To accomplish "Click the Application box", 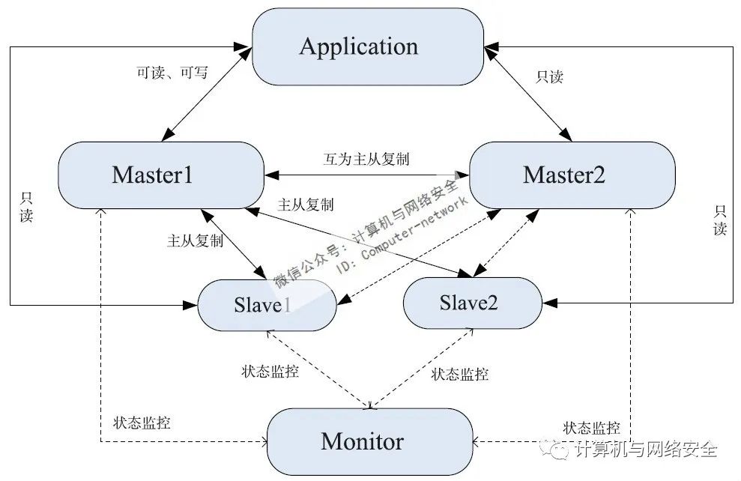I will click(x=367, y=46).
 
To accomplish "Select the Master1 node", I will click(x=152, y=175).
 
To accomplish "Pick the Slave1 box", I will click(x=261, y=305).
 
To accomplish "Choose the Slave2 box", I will click(x=469, y=303).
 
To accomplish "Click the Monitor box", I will click(x=363, y=441).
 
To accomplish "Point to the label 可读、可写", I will click(x=172, y=73).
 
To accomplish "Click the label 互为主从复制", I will click(x=366, y=159).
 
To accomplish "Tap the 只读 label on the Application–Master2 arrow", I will click(x=549, y=76).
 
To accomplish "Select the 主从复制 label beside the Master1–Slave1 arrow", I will click(x=195, y=241).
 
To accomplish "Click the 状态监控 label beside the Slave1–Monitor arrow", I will click(x=270, y=372).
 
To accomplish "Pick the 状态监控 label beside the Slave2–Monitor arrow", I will click(x=460, y=374).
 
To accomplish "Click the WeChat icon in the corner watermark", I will click(x=559, y=450).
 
